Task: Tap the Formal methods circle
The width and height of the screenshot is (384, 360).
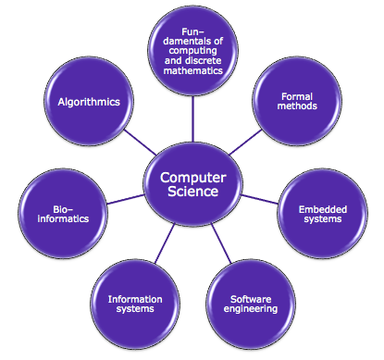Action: (x=297, y=102)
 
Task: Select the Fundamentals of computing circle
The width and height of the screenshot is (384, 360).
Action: (x=192, y=56)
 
